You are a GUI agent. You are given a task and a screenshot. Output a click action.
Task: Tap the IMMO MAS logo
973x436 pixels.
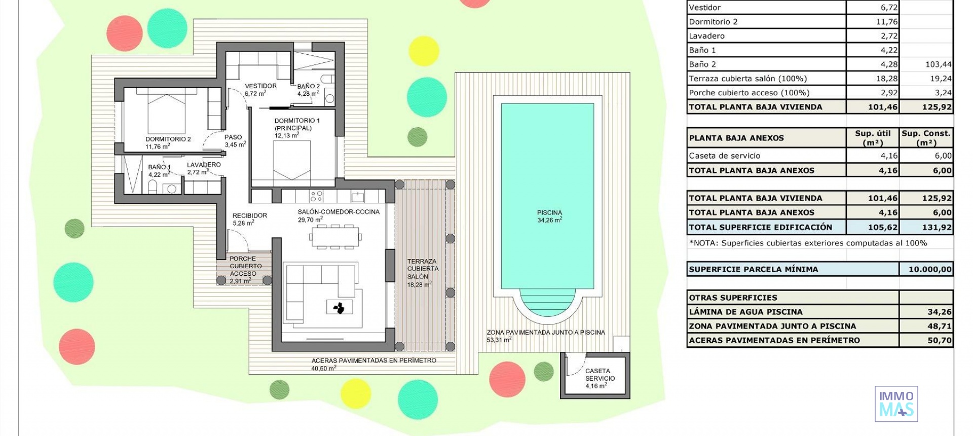point(896,404)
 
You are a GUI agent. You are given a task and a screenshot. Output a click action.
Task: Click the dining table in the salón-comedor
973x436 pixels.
point(335,237)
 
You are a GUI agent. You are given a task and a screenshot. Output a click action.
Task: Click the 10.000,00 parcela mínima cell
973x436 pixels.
point(926,269)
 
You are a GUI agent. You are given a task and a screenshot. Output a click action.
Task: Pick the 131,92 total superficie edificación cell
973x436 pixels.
point(926,227)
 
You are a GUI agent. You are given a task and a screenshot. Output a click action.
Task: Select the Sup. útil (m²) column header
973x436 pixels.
point(872,138)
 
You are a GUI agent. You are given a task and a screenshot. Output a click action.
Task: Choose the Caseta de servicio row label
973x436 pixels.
point(724,156)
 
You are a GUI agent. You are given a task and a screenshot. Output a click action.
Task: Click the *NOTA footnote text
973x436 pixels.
point(808,243)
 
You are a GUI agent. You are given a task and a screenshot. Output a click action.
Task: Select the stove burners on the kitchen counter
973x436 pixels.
point(316,196)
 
